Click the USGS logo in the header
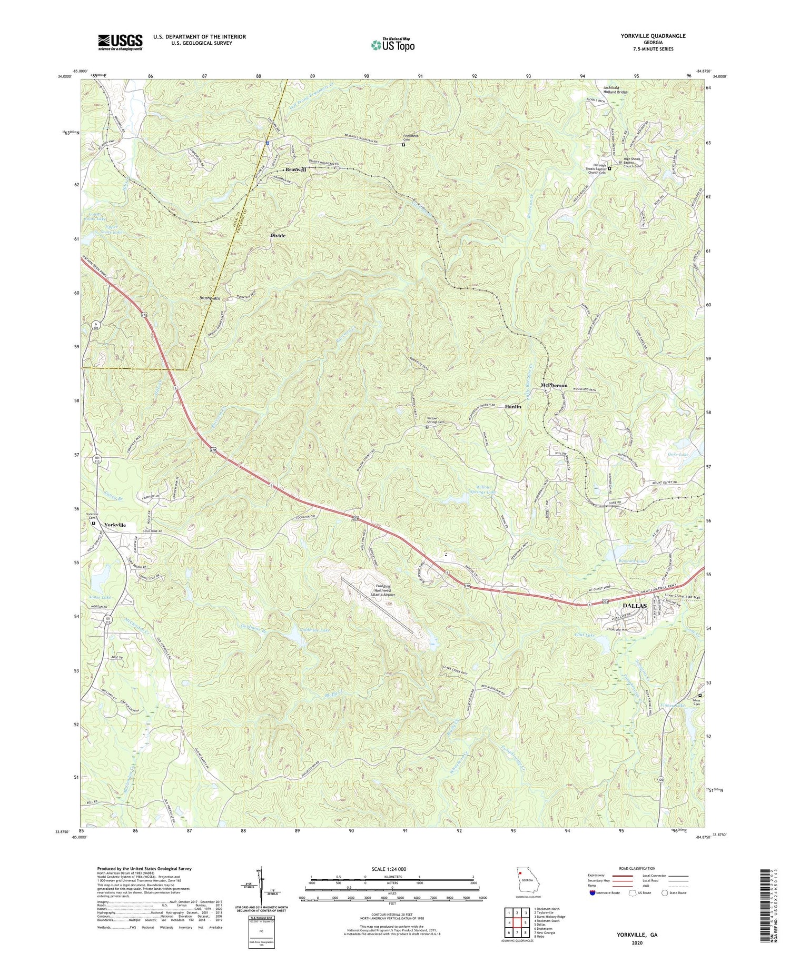click(x=120, y=42)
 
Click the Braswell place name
click(x=295, y=170)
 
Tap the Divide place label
click(x=278, y=236)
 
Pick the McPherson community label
click(x=554, y=386)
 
